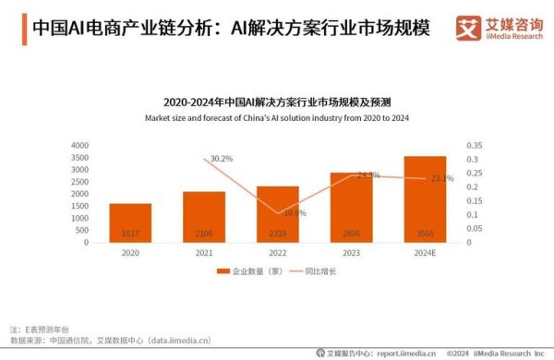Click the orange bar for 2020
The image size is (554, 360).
pos(130,222)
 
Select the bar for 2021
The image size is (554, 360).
pos(204,217)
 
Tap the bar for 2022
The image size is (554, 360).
pos(278,214)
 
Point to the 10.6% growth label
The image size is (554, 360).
pos(295,213)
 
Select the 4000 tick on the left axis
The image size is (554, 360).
pos(79,145)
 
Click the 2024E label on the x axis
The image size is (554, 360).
pos(425,251)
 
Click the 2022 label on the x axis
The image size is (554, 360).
pos(278,251)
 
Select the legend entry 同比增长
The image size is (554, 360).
pos(316,271)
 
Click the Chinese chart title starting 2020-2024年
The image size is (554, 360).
pos(277,102)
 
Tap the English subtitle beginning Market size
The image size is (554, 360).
pos(277,118)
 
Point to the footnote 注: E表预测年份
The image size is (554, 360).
pos(41,329)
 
